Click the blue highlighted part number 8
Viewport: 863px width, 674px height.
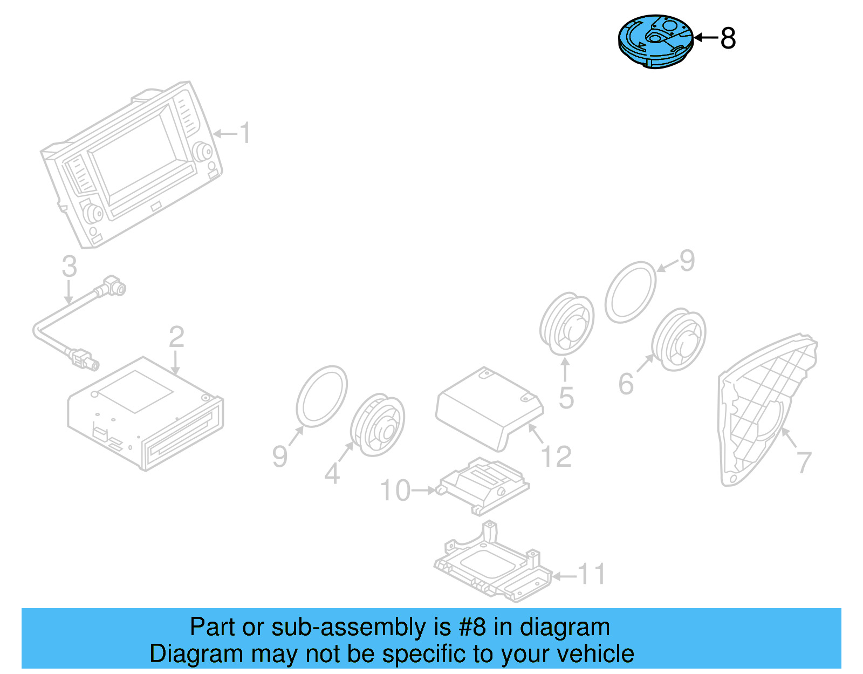655,42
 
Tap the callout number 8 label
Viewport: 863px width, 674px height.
728,39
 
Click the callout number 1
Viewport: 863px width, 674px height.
245,133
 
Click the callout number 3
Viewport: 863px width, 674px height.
69,267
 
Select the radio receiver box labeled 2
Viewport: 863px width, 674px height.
146,413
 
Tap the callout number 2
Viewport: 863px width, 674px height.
176,337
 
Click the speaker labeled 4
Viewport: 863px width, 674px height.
377,424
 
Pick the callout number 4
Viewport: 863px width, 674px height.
332,474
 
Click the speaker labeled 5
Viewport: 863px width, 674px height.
566,324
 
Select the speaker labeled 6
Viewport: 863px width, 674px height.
679,339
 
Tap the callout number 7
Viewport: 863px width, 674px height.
804,462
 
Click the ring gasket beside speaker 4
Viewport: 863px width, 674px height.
322,397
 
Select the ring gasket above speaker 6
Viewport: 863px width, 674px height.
630,292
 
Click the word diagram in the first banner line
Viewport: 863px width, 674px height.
565,627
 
